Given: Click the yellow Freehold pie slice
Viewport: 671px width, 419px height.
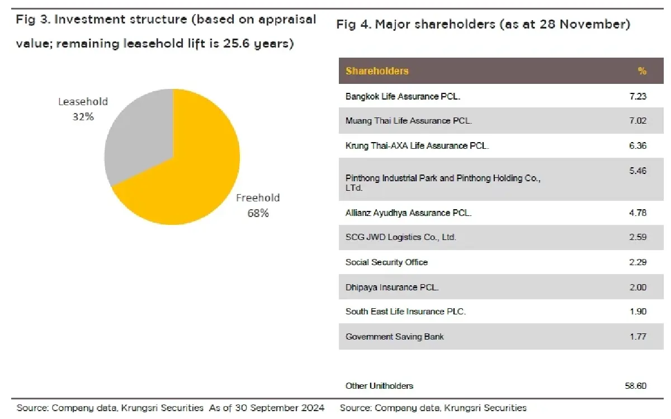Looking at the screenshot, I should pos(190,168).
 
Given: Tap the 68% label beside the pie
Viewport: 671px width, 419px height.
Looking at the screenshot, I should pos(258,213).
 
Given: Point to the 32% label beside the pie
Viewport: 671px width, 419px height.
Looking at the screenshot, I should pos(82,117).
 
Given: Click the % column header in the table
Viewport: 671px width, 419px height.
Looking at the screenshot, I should pos(642,71).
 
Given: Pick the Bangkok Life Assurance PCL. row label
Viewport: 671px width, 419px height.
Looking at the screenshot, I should pos(403,96).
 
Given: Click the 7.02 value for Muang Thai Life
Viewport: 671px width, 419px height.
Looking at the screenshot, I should pos(637,121).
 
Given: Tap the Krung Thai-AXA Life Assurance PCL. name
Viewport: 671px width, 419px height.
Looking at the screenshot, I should pos(417,145).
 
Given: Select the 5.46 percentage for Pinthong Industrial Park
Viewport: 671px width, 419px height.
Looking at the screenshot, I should pos(637,170).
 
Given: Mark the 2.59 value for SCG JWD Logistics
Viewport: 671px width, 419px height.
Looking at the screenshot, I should pos(637,237).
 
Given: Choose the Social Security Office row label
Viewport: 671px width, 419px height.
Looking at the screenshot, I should pos(386,262).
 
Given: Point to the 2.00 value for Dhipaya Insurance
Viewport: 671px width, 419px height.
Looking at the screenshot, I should pos(637,287).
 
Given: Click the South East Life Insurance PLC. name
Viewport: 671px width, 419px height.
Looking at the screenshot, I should pos(405,312).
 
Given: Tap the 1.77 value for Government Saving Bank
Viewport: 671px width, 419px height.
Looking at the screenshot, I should pos(637,336).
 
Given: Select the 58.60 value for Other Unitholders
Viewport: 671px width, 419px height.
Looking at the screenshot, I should pos(635,385).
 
